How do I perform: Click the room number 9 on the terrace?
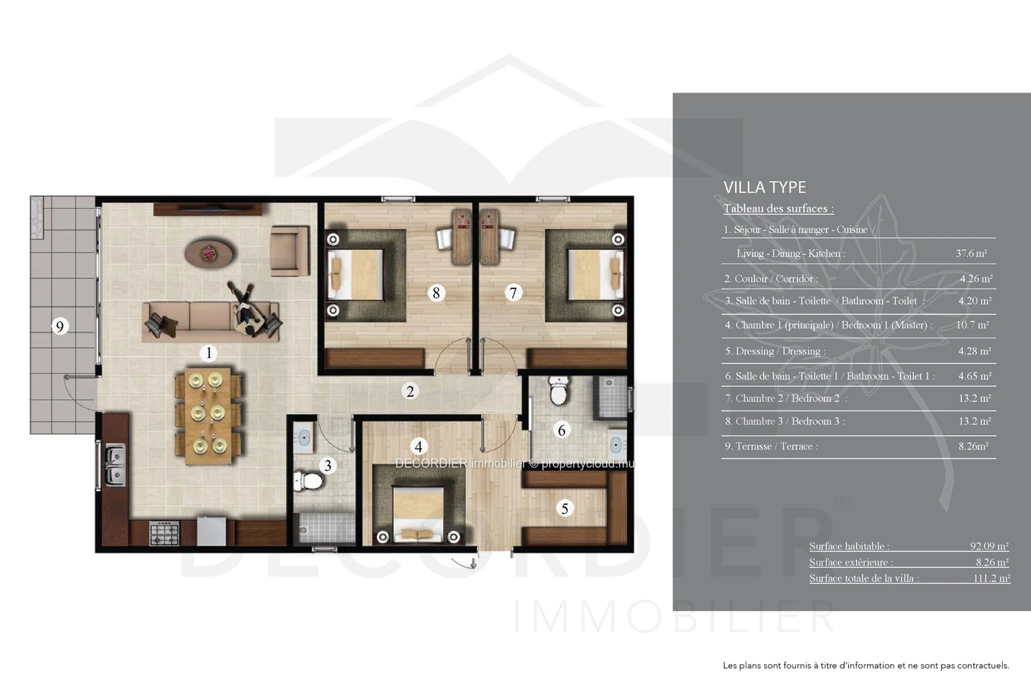[60, 326]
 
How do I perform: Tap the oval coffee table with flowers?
[209, 253]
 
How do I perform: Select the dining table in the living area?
[208, 415]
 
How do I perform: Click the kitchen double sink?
[115, 465]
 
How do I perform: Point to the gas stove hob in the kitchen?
[164, 533]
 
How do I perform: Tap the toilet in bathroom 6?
[558, 390]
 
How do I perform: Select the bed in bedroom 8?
[355, 274]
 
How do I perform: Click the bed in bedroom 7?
[595, 274]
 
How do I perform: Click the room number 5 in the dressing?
[564, 509]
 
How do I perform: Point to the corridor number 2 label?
[410, 391]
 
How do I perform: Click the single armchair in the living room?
[289, 251]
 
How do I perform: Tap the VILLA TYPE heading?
[765, 187]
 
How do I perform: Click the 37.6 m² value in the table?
[971, 253]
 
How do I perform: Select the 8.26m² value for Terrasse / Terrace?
[973, 446]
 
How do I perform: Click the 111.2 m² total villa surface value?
[991, 578]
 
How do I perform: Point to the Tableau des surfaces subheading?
[779, 209]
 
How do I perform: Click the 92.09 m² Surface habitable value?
[989, 546]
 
